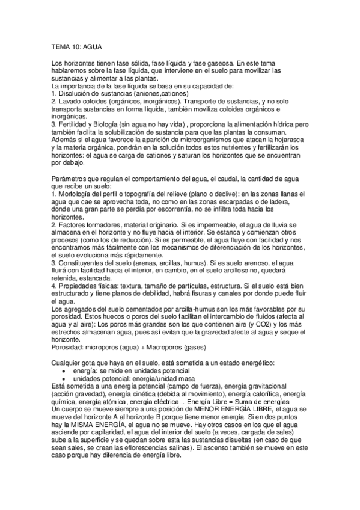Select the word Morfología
[77, 195]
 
